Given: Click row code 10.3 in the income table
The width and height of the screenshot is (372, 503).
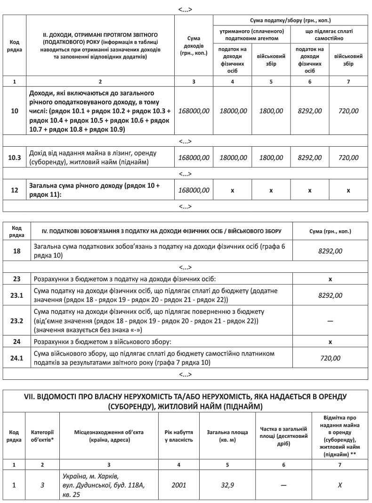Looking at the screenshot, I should pos(15,158).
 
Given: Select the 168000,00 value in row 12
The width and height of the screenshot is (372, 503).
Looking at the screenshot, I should pos(194,190).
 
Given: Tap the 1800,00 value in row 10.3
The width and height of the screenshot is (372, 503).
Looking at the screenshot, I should pos(271,158).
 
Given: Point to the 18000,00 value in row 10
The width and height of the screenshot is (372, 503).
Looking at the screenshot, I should pos(233,111).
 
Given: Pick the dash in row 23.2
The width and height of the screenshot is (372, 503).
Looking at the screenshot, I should pos(330,321).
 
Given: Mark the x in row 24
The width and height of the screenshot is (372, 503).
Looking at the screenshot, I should pos(330,341).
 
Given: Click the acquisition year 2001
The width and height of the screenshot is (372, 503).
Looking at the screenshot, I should pos(178,485).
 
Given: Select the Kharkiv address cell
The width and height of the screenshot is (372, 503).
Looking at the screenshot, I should pos(108,485).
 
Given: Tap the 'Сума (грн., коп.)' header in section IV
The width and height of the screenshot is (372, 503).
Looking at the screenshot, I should pos(330,231).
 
